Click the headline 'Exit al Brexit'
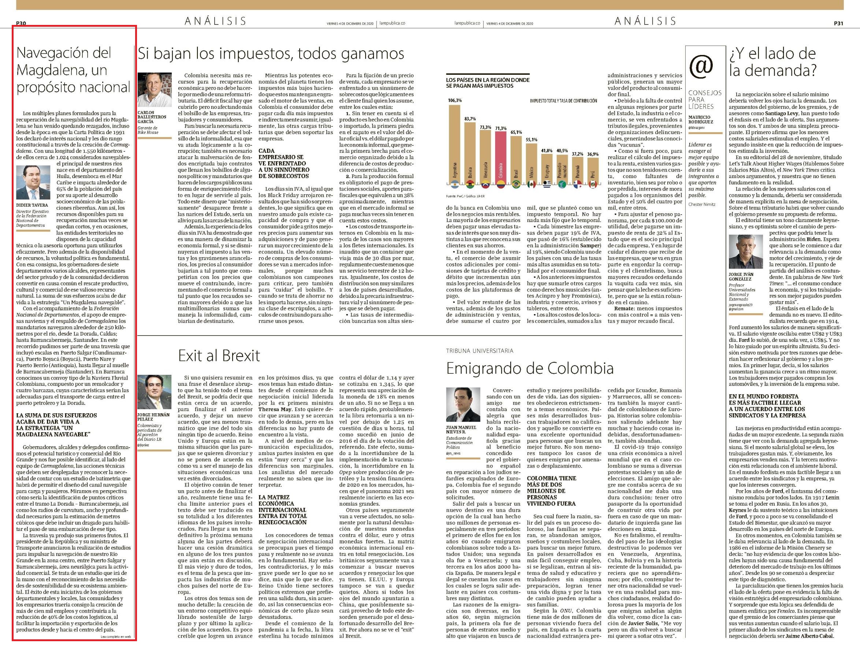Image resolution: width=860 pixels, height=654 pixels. point(219,355)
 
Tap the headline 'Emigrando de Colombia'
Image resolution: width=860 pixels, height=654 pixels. point(530,368)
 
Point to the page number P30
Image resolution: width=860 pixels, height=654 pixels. point(21,23)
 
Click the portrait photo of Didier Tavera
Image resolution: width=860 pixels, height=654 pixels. point(33,182)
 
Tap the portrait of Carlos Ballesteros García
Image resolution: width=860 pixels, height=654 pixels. point(155,89)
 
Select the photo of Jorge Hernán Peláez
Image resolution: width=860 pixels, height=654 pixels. point(155,392)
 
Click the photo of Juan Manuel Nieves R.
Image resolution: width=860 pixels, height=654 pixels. point(463,404)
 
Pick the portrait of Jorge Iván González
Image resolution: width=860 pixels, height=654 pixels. point(746,251)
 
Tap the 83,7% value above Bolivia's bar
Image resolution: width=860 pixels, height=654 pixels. point(470,119)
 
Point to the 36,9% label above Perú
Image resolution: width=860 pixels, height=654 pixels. point(593,154)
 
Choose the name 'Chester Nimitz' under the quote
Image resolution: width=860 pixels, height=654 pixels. point(702,204)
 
